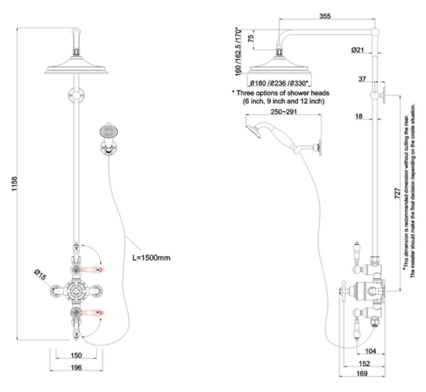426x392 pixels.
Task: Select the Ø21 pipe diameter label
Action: (358, 50)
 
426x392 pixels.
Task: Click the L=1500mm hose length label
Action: (151, 258)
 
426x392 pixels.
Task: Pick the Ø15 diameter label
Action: (40, 275)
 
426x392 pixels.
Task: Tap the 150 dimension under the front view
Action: (76, 356)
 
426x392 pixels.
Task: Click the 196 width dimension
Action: (76, 367)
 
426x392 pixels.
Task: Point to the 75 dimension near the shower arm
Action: (251, 39)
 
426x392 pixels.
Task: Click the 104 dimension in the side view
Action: (370, 351)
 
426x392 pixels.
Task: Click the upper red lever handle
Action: (92, 269)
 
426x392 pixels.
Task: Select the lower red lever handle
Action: (92, 312)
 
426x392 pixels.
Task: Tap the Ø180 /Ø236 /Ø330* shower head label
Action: (279, 83)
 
